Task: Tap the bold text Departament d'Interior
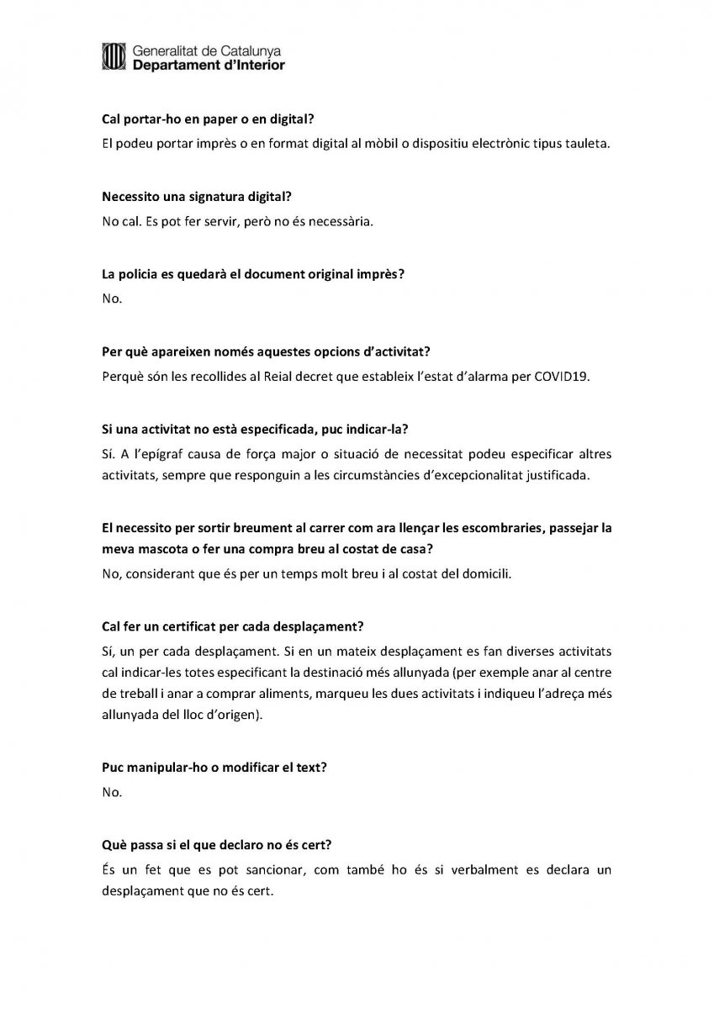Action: [209, 65]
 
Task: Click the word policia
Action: [136, 274]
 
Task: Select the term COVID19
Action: [562, 377]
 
